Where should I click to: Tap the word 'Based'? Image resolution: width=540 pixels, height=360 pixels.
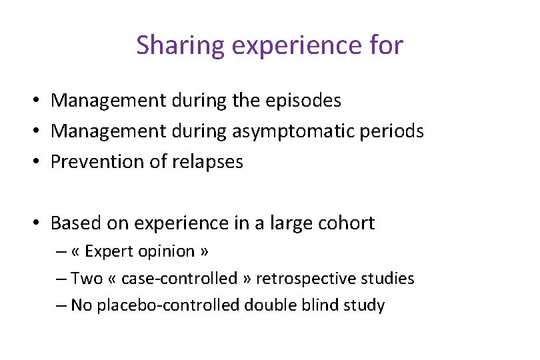click(x=72, y=223)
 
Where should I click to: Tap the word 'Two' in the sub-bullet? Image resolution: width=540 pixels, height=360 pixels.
click(x=85, y=278)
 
